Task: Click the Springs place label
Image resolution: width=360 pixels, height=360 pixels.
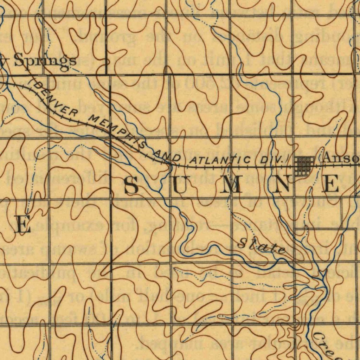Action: coord(44,60)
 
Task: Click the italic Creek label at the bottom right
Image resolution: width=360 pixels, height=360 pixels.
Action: coord(334,346)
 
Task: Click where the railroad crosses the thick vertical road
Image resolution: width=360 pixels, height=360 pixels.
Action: coord(111,134)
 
